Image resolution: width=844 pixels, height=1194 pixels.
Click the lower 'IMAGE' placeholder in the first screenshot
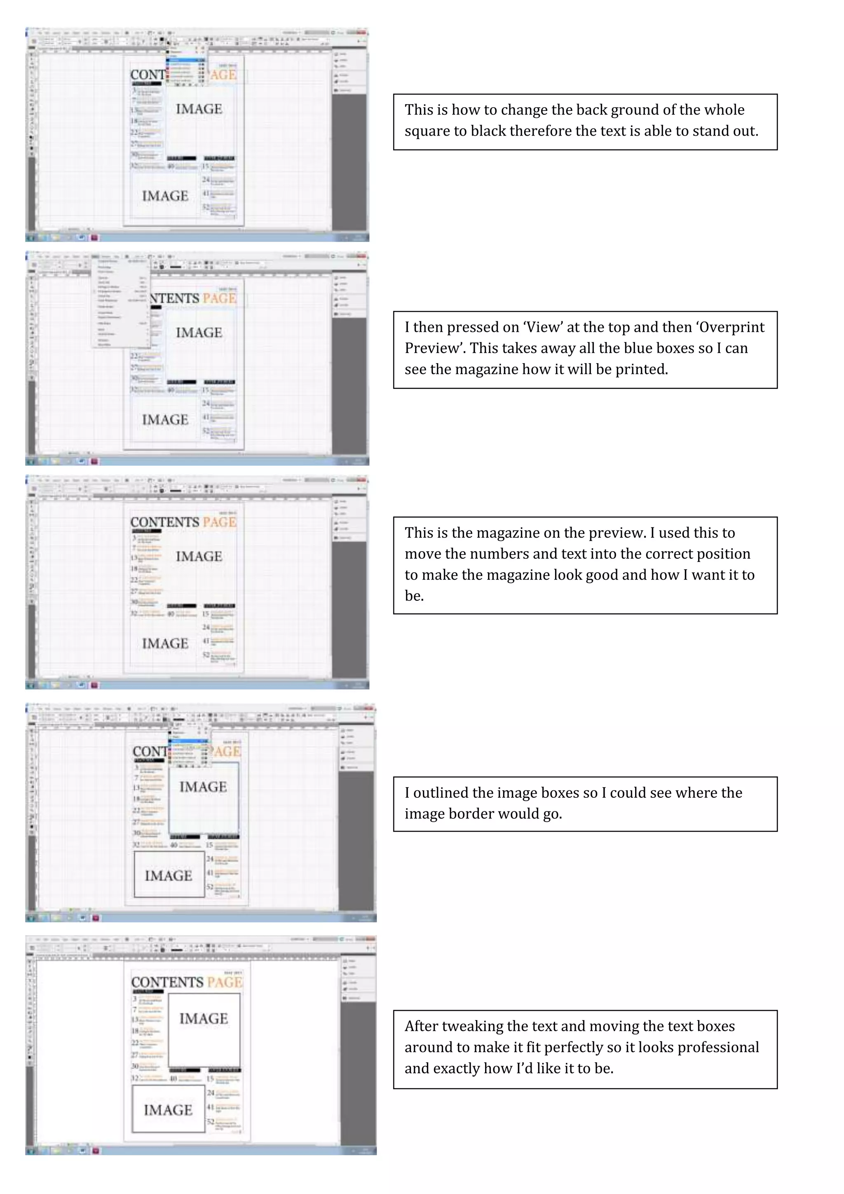165,196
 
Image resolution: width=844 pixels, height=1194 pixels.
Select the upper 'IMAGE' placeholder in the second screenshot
199,333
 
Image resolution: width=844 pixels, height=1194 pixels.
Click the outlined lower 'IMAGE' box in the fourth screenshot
169,876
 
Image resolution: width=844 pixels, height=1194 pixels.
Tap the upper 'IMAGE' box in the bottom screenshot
204,1019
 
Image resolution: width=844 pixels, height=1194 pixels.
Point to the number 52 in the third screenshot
206,654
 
